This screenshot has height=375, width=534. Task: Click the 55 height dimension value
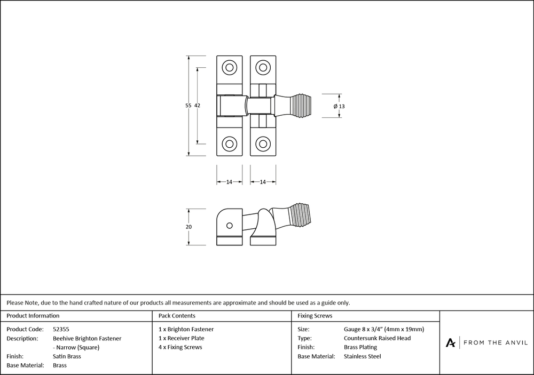point(188,106)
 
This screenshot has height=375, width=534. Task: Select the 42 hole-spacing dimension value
point(197,106)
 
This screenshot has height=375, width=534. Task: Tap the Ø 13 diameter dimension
point(339,106)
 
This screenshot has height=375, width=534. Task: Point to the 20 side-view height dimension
point(188,227)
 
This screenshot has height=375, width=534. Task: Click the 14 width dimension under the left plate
point(229,182)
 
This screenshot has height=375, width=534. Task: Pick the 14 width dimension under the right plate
point(263,182)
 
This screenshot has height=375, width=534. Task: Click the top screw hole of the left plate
point(230,68)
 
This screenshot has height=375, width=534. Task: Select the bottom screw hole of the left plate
point(230,143)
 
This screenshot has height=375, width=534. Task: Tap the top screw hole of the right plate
point(263,68)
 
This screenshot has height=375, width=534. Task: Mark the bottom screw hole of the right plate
point(263,143)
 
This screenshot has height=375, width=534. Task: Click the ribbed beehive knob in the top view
point(305,106)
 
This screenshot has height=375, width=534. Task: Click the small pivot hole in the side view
point(229,226)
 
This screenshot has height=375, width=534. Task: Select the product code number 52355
point(61,330)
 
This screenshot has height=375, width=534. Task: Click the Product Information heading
point(33,316)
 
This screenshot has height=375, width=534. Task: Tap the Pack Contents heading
point(177,316)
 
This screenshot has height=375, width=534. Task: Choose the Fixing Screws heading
point(315,316)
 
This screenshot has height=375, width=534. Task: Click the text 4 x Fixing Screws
point(180,347)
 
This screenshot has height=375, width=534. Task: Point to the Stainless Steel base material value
point(363,356)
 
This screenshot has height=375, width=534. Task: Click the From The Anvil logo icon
point(451,342)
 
